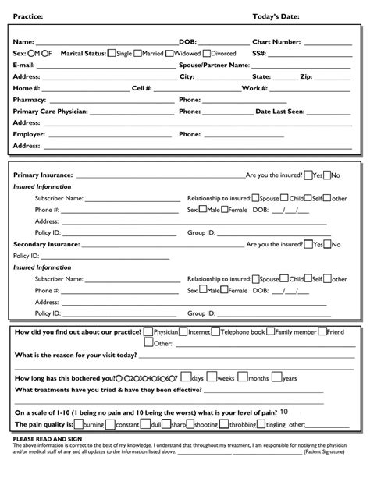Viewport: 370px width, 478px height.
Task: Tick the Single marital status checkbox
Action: coord(112,53)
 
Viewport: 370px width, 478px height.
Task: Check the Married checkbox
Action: coord(138,53)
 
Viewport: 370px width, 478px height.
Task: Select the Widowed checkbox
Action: coord(169,53)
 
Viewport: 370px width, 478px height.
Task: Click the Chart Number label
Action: coord(276,41)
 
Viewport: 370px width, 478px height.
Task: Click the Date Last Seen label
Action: coord(280,112)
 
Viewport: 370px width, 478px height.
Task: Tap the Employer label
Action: coord(30,134)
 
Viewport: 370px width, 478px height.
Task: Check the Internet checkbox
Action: coord(184,332)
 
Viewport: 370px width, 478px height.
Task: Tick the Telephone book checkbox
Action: coord(215,332)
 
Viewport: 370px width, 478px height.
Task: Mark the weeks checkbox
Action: coord(212,377)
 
